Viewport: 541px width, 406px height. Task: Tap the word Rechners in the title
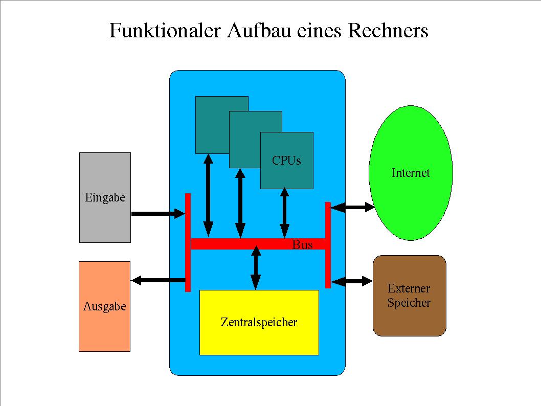(x=388, y=31)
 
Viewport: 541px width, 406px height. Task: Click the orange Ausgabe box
(x=104, y=327)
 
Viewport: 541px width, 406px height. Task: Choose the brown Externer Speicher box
(x=409, y=317)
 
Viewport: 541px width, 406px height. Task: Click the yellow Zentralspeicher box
(x=259, y=337)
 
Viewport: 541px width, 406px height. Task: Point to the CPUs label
(x=286, y=161)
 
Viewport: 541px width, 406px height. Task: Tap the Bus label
(x=302, y=245)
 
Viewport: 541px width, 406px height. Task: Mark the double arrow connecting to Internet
(x=352, y=207)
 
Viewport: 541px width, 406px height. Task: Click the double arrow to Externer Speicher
(x=352, y=281)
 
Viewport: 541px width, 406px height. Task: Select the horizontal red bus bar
(x=240, y=244)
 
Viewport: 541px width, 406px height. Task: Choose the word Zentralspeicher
(x=259, y=322)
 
